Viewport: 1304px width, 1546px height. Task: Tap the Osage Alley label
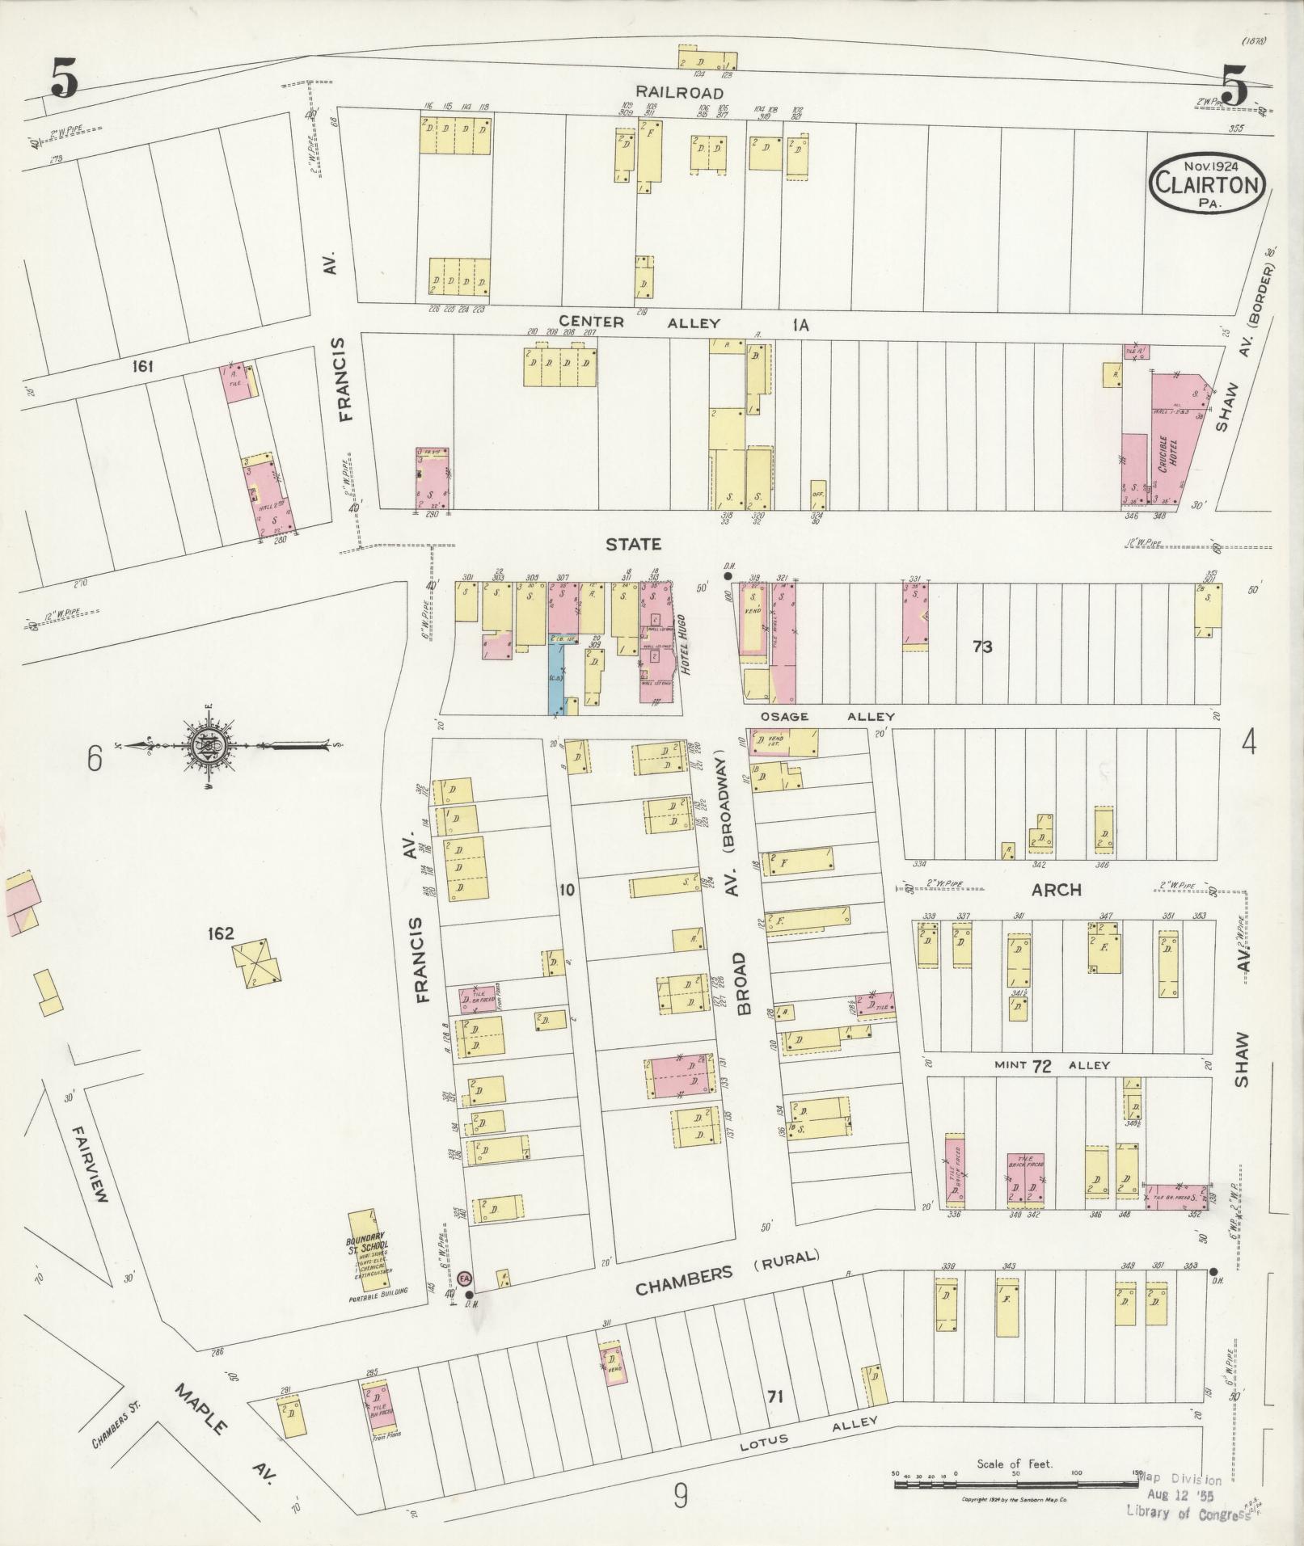pos(826,717)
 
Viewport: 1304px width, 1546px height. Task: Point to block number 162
pos(220,933)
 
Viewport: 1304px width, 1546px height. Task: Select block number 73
pos(982,647)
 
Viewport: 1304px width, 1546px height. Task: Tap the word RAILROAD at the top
pos(679,94)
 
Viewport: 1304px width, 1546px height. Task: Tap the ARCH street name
pos(1057,890)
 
